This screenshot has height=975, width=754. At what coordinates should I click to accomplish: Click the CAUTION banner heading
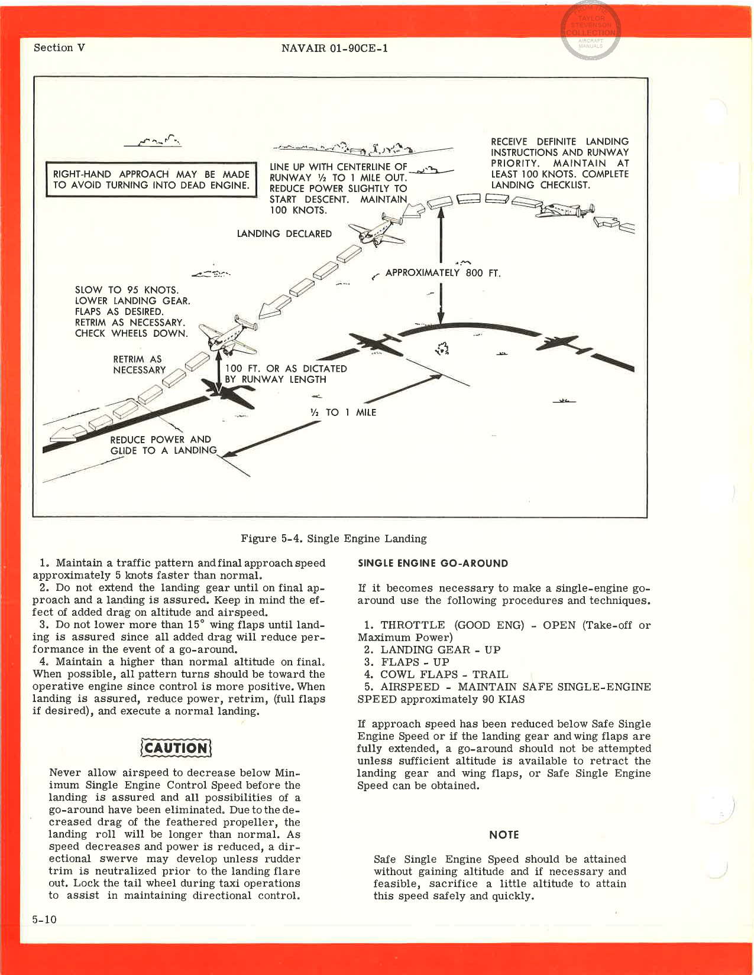175,747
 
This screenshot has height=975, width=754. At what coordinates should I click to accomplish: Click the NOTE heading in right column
504,834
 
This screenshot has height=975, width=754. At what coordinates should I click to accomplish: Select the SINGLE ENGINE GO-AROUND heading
433,563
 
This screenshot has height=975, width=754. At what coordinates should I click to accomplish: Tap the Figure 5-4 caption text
334,538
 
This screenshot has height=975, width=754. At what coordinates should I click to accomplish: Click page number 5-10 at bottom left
44,919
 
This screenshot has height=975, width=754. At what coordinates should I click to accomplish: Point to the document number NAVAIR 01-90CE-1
335,48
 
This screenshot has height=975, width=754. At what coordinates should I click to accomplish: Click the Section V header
59,48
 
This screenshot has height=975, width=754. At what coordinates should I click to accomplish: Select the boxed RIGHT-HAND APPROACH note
151,180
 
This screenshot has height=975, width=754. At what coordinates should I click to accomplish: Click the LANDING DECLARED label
284,234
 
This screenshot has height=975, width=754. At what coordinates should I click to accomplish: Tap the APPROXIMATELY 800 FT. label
442,273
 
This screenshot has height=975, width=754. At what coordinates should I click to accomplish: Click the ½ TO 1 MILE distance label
343,412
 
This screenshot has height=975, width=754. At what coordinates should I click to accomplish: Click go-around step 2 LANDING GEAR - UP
432,649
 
